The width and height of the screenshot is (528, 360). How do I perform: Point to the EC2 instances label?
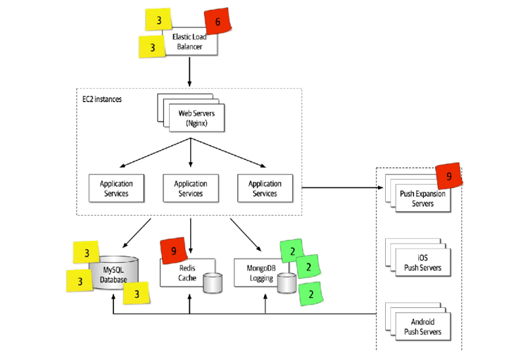(102, 99)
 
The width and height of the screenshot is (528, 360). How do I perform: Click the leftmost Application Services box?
(116, 188)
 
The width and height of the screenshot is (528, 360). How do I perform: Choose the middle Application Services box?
(190, 188)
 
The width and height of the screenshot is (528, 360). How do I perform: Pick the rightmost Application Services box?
(265, 188)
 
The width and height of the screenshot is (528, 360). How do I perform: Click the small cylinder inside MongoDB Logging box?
(286, 283)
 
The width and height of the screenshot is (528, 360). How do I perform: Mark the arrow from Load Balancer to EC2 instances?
(190, 71)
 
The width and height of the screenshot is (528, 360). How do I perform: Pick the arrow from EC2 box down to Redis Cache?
(190, 232)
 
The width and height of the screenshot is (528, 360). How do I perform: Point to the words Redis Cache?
(182, 273)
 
